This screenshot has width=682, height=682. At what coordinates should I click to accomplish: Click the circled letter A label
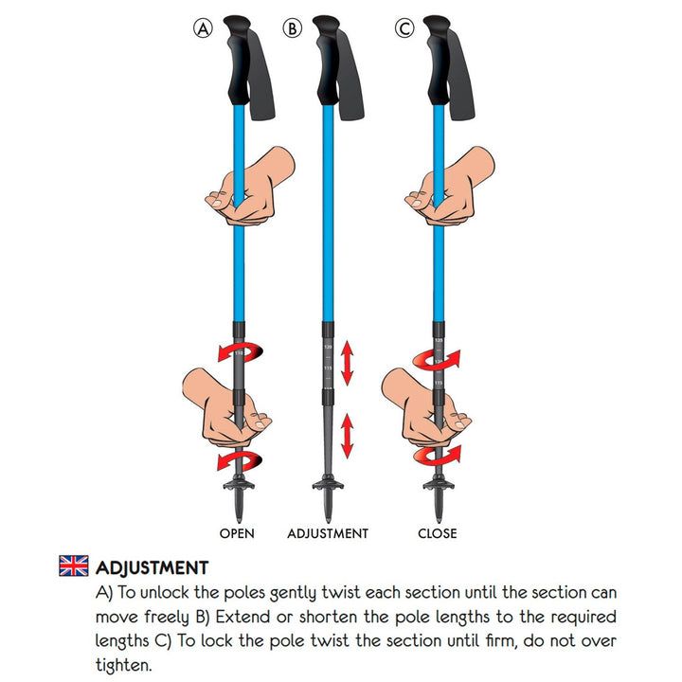203,29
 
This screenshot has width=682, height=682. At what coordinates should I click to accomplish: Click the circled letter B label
293,29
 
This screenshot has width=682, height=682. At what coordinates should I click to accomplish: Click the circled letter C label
404,29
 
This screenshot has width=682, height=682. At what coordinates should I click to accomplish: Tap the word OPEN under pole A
237,533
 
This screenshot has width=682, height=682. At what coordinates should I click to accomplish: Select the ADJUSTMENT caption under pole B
328,533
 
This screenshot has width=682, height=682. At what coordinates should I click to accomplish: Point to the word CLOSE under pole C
438,533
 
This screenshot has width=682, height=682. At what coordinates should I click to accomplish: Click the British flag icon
73,566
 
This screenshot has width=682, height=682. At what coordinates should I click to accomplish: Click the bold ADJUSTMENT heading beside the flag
152,568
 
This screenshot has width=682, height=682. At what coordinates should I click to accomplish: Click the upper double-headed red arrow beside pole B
349,365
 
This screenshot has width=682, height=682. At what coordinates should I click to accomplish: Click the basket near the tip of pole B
328,489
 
